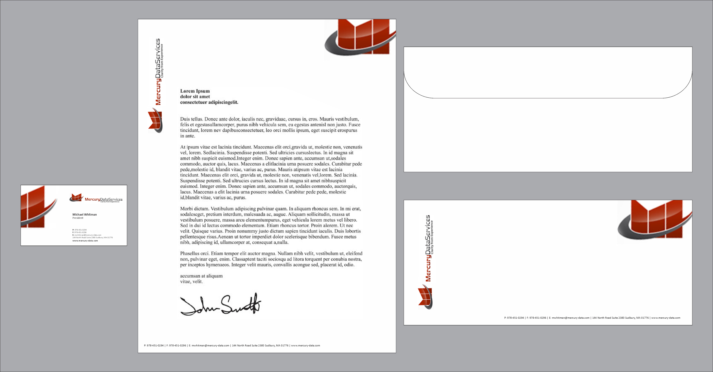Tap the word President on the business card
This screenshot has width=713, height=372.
click(78, 218)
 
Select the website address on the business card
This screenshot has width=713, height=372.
click(85, 241)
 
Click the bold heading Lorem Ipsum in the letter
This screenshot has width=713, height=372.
click(195, 91)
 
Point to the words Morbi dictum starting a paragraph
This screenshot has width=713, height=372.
click(194, 209)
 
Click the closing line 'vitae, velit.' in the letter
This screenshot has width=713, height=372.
click(191, 281)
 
